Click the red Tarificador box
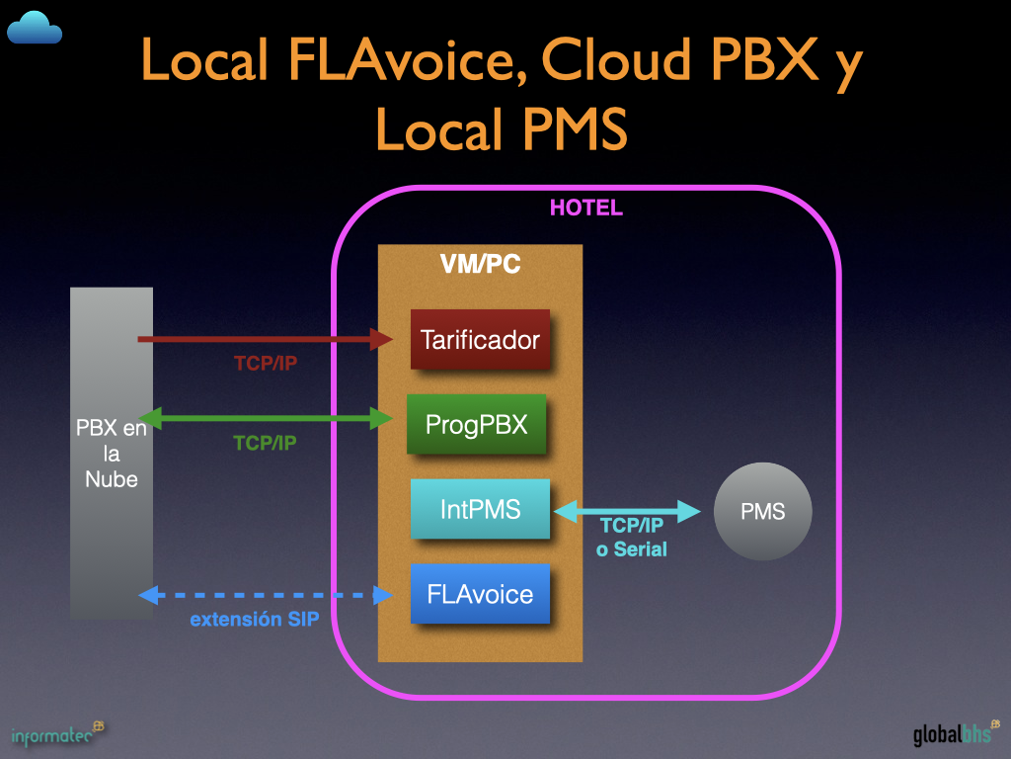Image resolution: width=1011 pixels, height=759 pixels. [x=480, y=340]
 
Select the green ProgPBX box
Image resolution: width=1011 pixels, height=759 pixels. [x=476, y=424]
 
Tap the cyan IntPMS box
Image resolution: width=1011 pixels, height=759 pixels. [x=480, y=510]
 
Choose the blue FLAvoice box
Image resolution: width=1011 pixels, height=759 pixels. [x=480, y=594]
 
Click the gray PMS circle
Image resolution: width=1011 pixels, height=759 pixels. [x=763, y=512]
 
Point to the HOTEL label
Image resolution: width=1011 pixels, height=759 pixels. [x=585, y=209]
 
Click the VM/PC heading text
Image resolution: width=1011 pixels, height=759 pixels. [x=480, y=265]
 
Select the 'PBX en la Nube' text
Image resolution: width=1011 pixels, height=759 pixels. [x=112, y=454]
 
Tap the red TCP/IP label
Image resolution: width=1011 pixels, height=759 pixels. [x=266, y=364]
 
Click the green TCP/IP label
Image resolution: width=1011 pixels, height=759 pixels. [x=266, y=444]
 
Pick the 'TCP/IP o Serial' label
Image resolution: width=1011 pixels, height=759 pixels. [x=632, y=538]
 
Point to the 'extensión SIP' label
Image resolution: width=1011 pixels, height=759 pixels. [x=254, y=621]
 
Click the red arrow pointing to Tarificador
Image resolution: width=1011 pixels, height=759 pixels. [x=267, y=339]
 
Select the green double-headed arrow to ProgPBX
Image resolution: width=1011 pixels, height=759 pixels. [x=267, y=419]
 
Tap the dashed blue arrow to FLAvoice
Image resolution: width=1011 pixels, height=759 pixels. [x=267, y=595]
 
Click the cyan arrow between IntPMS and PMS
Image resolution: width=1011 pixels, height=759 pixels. [x=628, y=511]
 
